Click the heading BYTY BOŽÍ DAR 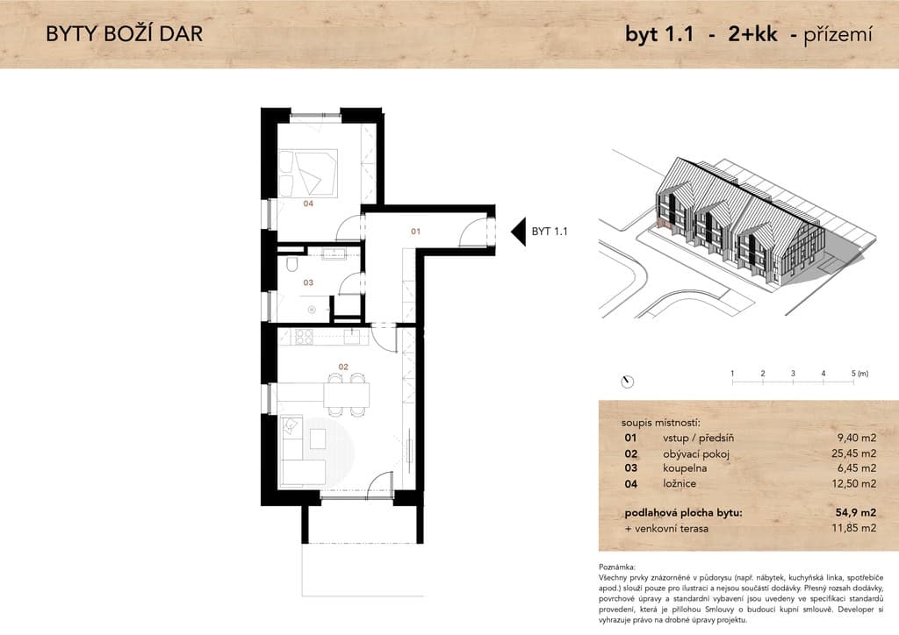[125, 34]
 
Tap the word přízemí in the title [838, 34]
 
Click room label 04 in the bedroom [308, 203]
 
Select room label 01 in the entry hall [415, 232]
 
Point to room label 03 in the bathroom [308, 282]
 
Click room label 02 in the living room [343, 367]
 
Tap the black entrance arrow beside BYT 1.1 [518, 232]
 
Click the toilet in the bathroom [291, 265]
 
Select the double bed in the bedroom [308, 173]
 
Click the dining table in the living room [346, 395]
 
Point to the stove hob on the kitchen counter [304, 337]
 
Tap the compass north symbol [628, 382]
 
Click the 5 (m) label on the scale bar [860, 374]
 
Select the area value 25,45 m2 [853, 453]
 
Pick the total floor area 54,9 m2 [856, 512]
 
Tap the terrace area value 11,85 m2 [853, 528]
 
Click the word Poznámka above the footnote [617, 567]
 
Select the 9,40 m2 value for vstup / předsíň [857, 438]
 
